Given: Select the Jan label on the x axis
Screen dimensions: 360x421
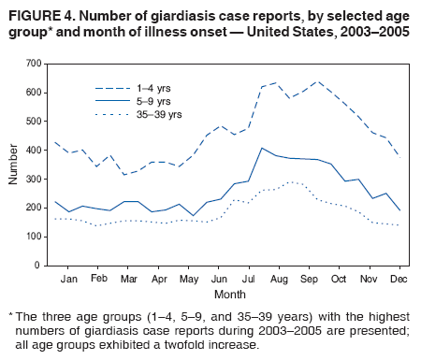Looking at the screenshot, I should pos(68,279).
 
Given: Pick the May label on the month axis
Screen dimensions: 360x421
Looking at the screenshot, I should pos(188,279).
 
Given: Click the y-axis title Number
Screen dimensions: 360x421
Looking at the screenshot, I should pos(11,165).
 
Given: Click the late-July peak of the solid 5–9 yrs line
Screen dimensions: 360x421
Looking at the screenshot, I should pos(262,148).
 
